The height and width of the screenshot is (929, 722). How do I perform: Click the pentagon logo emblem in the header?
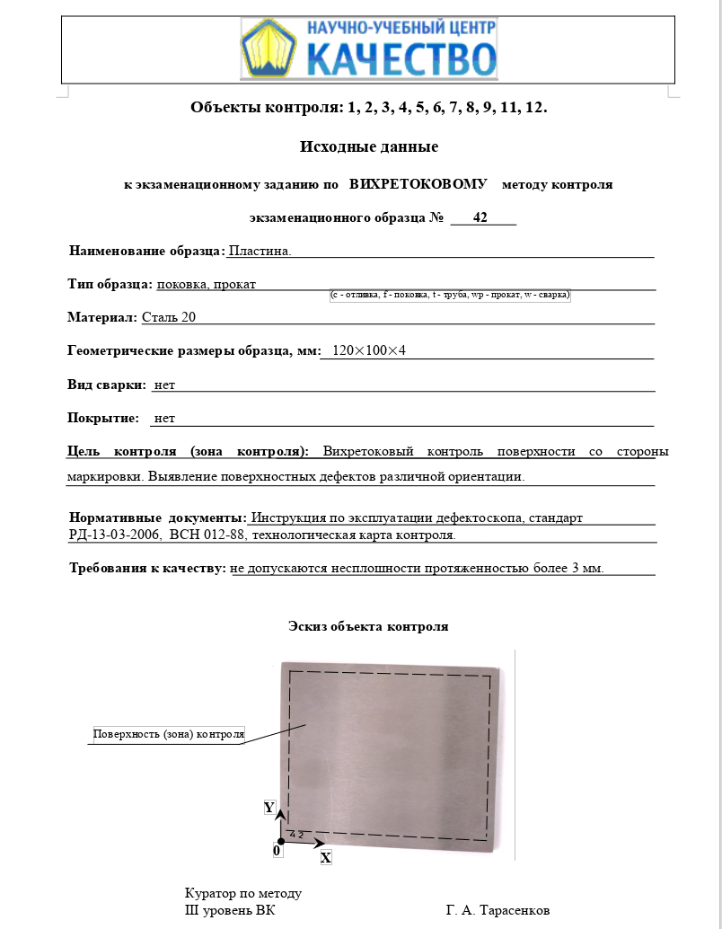coord(270,48)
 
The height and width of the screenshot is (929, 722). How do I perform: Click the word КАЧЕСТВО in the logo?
coord(401,59)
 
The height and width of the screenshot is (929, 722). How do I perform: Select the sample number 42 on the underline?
coord(480,217)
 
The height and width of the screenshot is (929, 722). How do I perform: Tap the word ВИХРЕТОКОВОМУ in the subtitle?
coord(418,184)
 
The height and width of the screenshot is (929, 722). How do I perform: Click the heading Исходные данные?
coord(368,146)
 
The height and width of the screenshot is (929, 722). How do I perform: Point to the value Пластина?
coord(260,251)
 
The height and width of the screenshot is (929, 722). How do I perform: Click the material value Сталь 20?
coord(169,317)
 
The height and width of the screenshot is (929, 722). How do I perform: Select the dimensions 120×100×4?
coord(369,350)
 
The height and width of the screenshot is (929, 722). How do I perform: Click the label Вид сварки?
coord(106,385)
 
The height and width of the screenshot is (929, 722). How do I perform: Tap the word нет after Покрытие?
coord(164,418)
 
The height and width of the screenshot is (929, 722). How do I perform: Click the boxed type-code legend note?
coord(451,295)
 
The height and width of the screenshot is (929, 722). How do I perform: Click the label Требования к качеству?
coord(148,568)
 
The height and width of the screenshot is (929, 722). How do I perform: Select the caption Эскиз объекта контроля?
coord(368,626)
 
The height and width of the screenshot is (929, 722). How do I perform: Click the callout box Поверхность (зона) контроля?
coord(169,734)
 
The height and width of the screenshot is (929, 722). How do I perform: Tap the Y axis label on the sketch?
coord(269,808)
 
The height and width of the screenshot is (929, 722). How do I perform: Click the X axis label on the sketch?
coord(326,858)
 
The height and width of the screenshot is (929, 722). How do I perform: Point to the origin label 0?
coord(277,849)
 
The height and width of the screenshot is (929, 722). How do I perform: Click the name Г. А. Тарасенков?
coord(497,910)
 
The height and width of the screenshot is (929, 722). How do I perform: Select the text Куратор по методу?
coord(243,893)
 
